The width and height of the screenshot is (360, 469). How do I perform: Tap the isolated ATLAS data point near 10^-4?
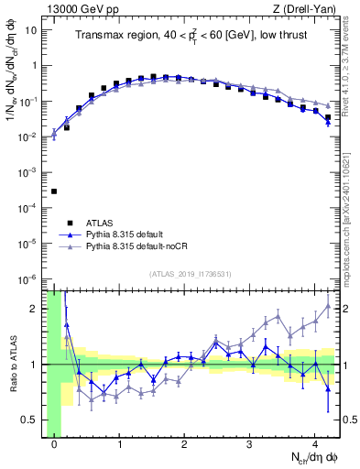pos(54,191)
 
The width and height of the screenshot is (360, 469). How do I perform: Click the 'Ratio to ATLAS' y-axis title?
pos(13,365)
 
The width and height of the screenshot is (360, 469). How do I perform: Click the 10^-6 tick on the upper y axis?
pos(27,278)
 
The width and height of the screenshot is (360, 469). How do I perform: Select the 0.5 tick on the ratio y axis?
pos(30,420)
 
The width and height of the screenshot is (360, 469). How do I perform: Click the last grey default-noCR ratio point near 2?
pos(328,306)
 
